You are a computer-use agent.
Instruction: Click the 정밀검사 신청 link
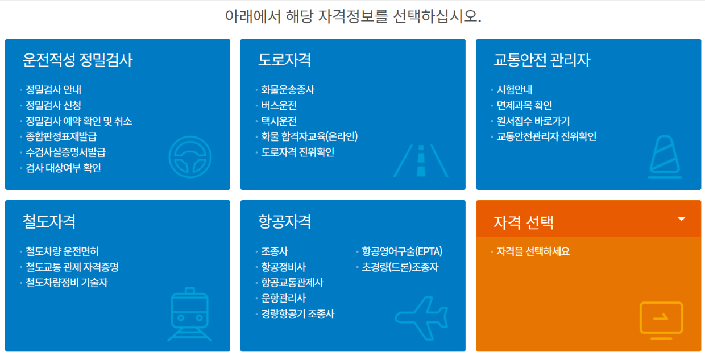click(x=53, y=105)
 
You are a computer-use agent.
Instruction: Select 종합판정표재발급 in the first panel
click(x=61, y=136)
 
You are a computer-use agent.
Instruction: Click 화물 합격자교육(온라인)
click(x=309, y=136)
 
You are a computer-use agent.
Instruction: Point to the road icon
click(x=421, y=160)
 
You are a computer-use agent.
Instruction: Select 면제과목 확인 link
click(x=524, y=105)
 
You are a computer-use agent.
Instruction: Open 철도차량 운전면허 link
click(x=63, y=251)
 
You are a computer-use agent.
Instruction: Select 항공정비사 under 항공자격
click(x=284, y=267)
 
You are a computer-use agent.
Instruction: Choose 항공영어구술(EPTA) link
click(x=402, y=251)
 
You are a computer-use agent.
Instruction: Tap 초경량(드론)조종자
click(x=400, y=267)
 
